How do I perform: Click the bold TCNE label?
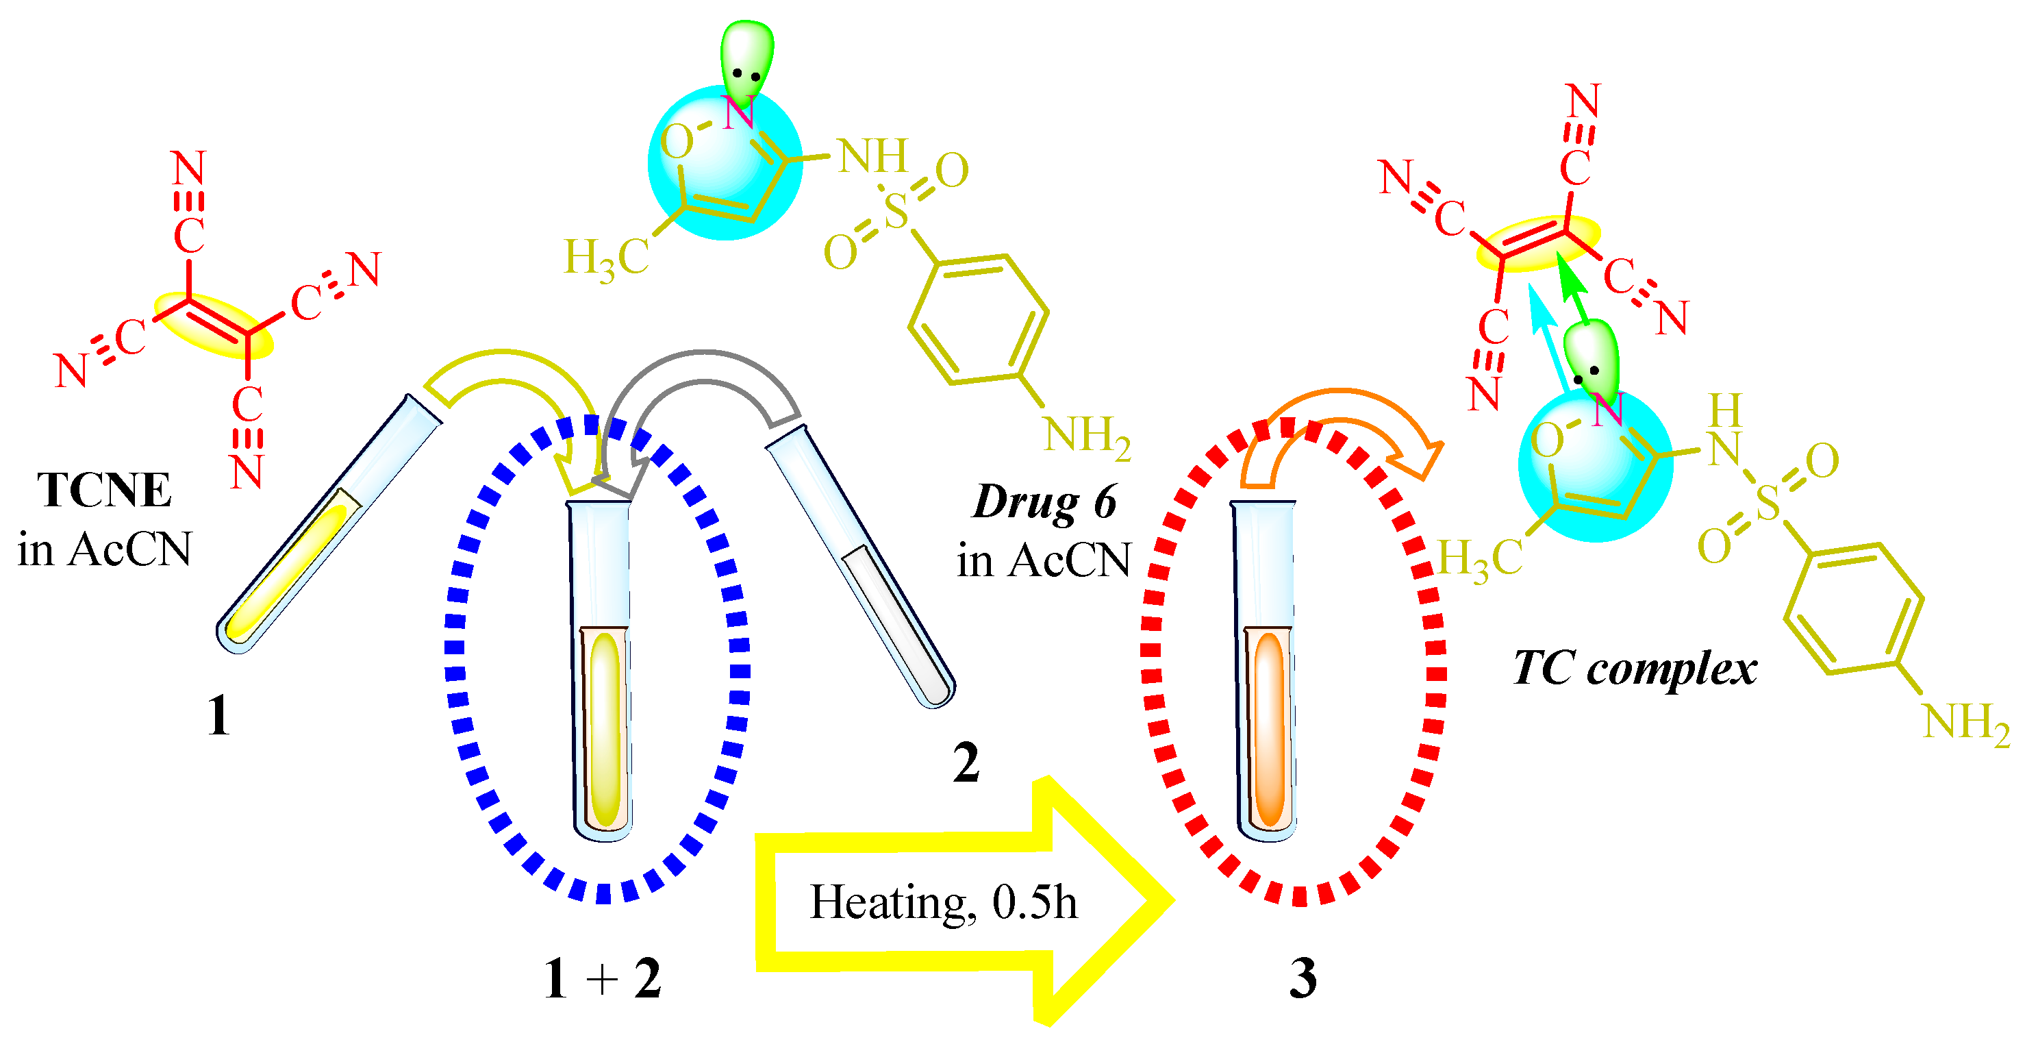click(104, 491)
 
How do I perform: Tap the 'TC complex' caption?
click(1635, 669)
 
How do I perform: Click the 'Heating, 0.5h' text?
click(943, 902)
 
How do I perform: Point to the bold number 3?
click(1303, 979)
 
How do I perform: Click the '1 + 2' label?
click(603, 979)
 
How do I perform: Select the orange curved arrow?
click(1344, 425)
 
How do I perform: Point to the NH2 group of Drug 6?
click(1086, 435)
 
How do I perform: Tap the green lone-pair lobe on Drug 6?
click(747, 59)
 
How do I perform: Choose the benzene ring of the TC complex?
click(1854, 610)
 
